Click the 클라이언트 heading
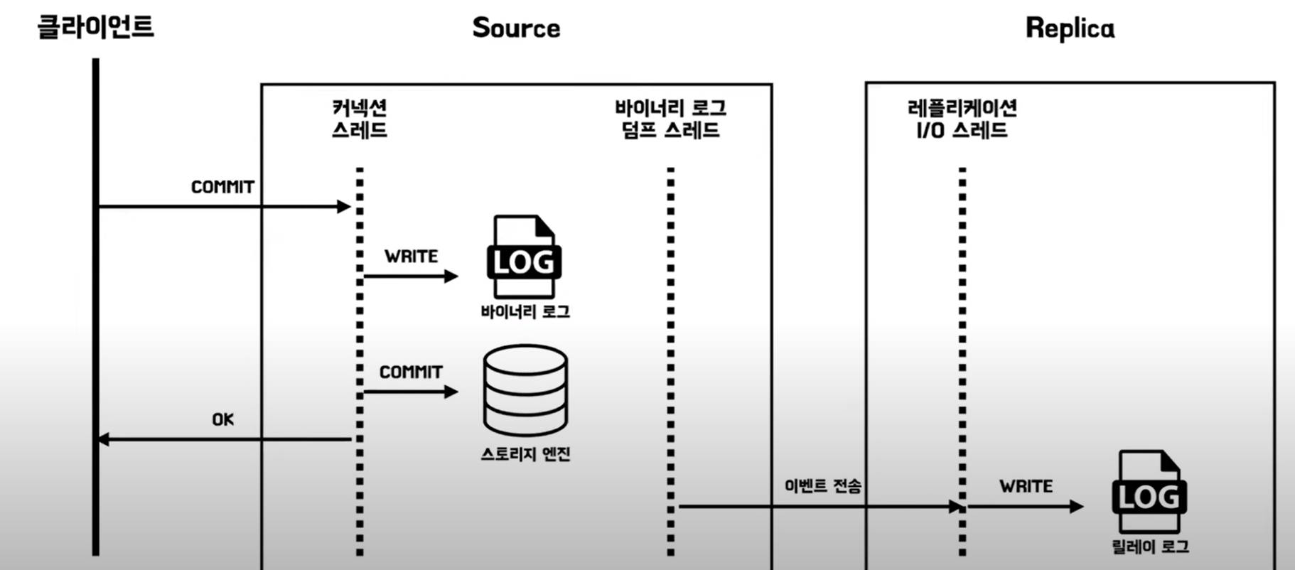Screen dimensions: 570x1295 pos(95,27)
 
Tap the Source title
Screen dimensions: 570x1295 pos(516,28)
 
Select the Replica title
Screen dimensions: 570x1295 pos(1070,28)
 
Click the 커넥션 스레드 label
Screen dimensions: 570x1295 pos(360,119)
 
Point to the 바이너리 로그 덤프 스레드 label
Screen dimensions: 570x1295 pos(670,119)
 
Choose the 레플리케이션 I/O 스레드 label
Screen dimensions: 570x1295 pos(962,119)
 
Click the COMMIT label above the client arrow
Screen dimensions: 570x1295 pos(222,187)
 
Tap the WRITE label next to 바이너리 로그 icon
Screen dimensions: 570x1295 pos(411,257)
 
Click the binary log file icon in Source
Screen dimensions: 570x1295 pos(524,257)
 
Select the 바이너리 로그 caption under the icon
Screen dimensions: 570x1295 pos(525,312)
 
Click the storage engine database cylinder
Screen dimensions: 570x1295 pos(525,389)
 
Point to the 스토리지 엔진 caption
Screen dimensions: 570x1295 pos(525,454)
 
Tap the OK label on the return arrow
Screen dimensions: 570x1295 pos(222,420)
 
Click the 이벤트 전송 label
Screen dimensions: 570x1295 pos(822,486)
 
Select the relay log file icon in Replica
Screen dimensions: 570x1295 pos(1149,492)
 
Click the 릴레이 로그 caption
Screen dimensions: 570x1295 pos(1150,547)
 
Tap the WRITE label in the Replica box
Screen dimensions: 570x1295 pos(1026,487)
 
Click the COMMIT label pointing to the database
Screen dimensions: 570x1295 pos(411,372)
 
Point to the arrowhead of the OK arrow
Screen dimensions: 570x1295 pos(103,439)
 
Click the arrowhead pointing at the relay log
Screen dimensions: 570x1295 pos(1077,507)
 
